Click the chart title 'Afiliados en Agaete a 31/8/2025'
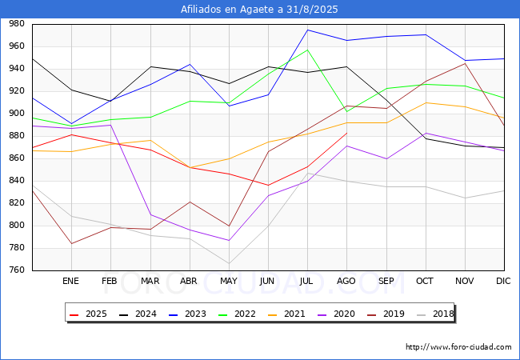click(260, 10)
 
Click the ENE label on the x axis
click(71, 282)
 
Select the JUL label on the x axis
click(307, 282)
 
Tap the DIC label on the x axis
click(503, 282)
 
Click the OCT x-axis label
click(425, 282)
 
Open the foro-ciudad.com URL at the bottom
click(458, 347)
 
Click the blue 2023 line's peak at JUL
click(307, 30)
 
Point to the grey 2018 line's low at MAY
click(229, 263)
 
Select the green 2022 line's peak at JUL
click(307, 50)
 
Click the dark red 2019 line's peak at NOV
click(464, 63)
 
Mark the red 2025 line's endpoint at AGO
click(346, 132)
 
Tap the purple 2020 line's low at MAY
click(229, 241)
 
